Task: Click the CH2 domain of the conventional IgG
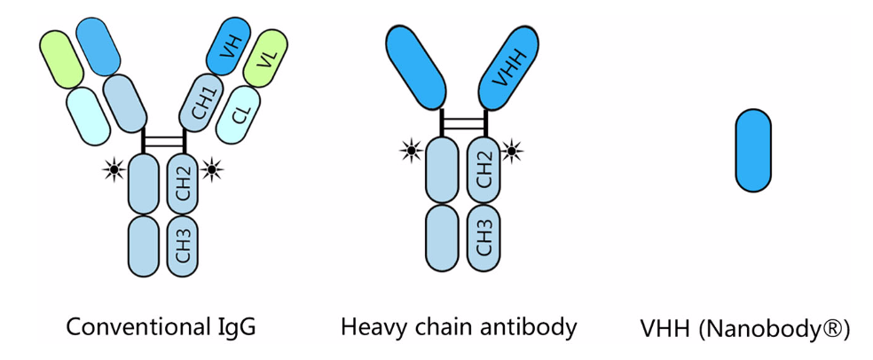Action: (x=183, y=182)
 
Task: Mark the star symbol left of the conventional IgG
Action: (x=114, y=168)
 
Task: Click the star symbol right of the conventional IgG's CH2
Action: (x=213, y=168)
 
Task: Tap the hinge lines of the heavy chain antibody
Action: (x=464, y=122)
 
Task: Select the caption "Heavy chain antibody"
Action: (x=459, y=327)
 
